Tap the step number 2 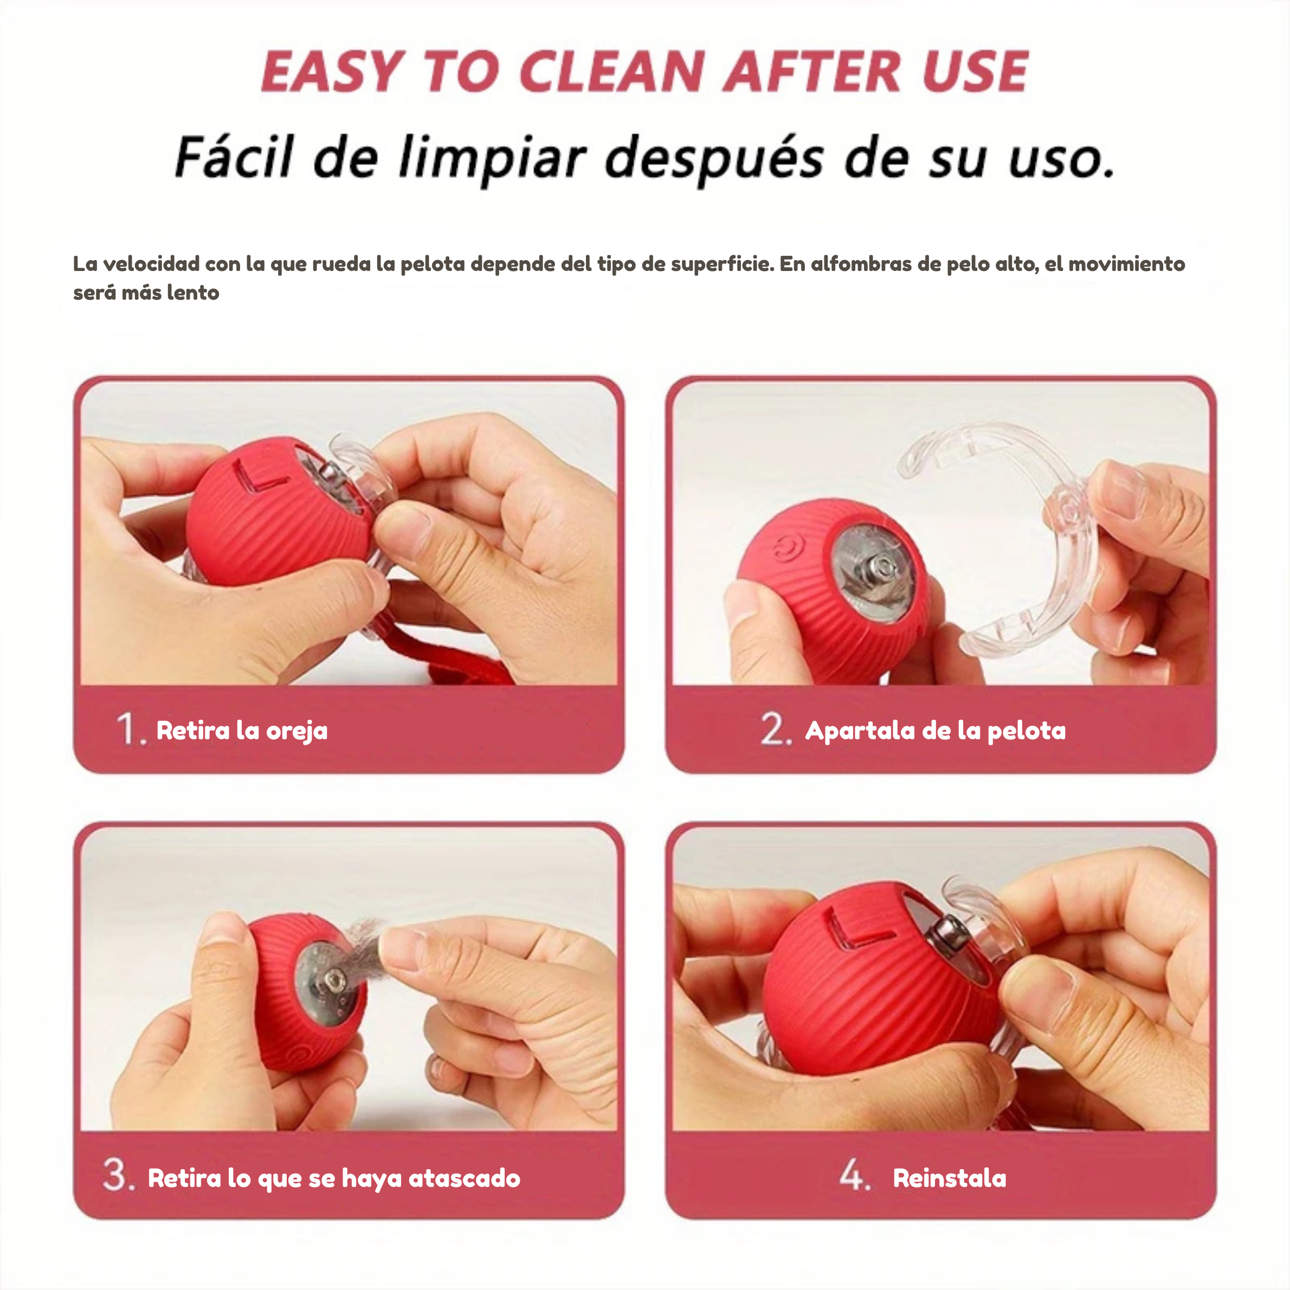(776, 728)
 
